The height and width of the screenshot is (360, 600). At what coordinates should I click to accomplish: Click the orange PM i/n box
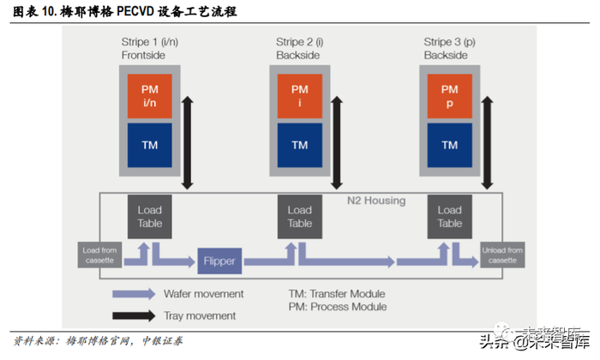149,95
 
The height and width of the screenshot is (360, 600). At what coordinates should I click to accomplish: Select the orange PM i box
299,95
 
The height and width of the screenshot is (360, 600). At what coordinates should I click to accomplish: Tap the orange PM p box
449,95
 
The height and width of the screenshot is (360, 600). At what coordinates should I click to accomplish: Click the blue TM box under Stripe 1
149,146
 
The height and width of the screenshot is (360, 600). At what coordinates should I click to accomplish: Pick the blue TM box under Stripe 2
299,146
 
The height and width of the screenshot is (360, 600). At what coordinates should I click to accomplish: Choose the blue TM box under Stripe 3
449,146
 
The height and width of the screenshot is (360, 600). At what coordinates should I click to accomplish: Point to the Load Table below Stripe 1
150,216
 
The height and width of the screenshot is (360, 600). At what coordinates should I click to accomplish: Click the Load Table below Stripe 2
299,216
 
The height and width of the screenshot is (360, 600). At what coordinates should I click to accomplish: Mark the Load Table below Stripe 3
449,216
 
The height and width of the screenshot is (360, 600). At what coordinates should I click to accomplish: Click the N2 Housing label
375,201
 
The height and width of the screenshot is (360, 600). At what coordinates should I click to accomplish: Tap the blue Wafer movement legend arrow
134,294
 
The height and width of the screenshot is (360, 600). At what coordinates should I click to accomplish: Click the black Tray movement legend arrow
134,316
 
